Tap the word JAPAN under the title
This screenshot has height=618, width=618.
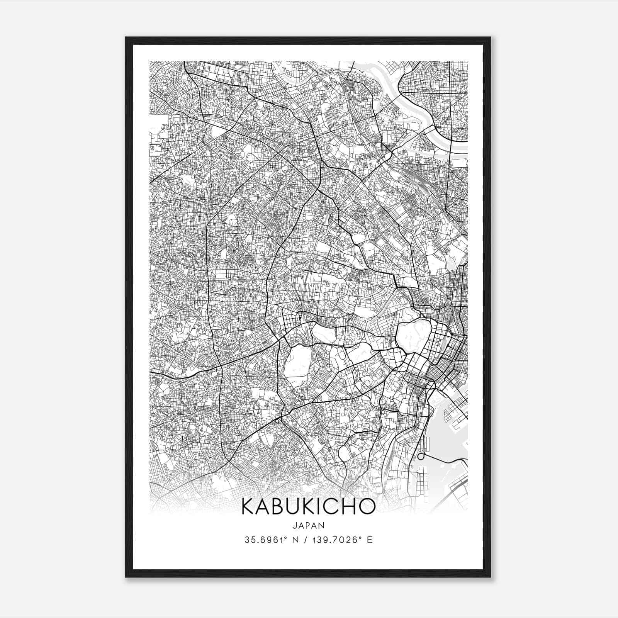pos(308,525)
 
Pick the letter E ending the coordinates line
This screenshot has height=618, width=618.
pos(370,540)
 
